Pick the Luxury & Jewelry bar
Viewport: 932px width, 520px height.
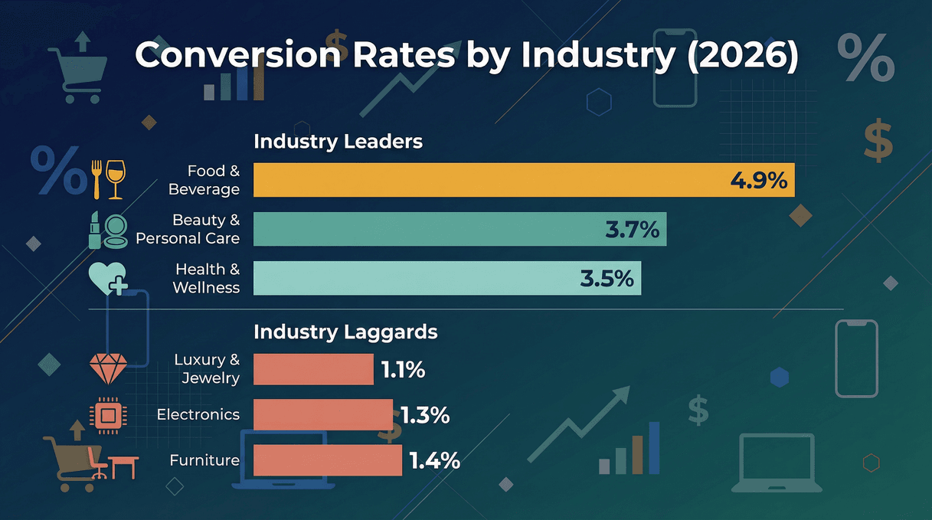pos(312,369)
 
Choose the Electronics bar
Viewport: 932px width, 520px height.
pos(322,414)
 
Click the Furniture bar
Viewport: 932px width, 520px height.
pos(327,460)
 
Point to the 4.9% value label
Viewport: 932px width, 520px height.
pos(758,181)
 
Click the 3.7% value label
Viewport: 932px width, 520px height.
pos(632,229)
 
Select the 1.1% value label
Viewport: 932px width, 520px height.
pos(403,370)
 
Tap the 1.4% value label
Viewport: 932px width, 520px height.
pos(434,460)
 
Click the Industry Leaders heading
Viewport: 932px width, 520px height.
pos(338,142)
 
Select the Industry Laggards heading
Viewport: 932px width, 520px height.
pos(345,332)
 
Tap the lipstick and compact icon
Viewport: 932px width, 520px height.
pos(108,229)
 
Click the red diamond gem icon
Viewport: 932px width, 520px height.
pos(106,369)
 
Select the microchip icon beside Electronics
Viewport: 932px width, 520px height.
pos(107,415)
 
